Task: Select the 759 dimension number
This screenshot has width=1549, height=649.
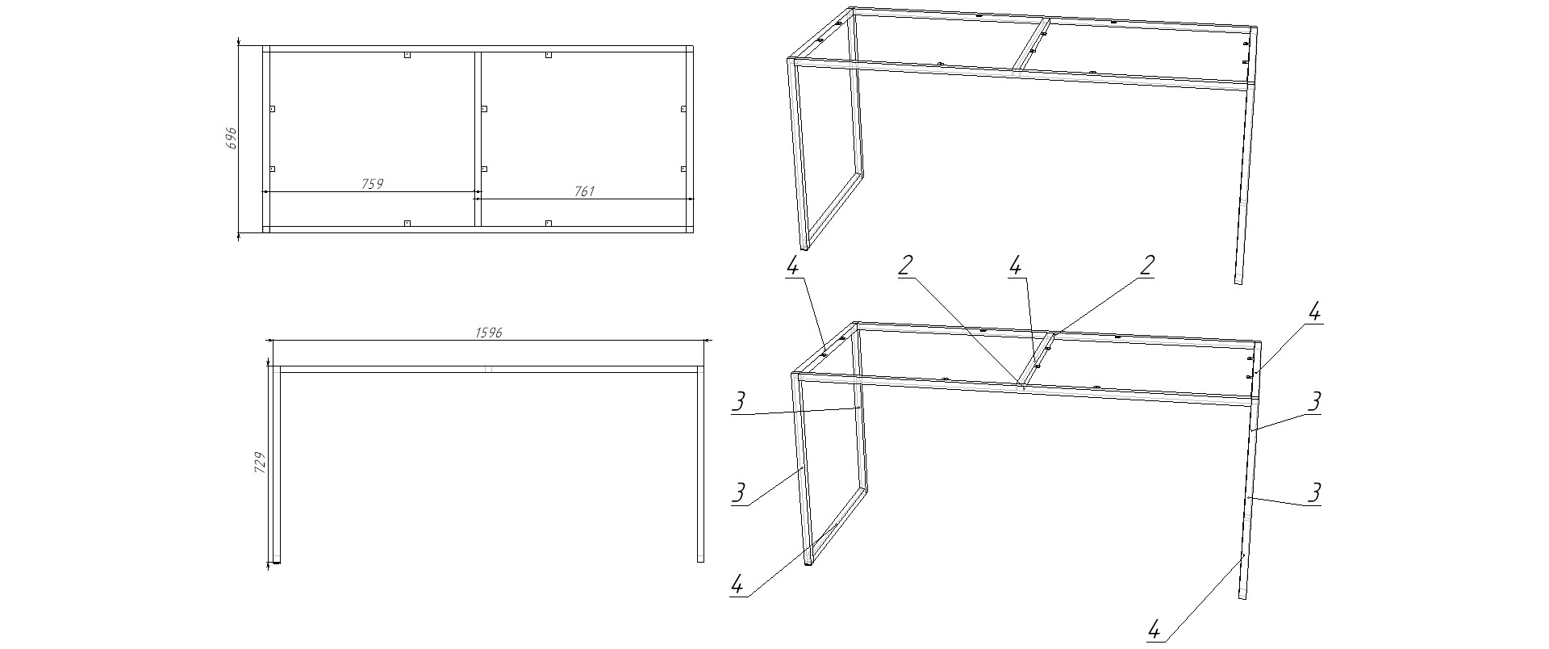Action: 372,184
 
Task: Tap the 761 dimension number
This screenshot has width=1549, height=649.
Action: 584,191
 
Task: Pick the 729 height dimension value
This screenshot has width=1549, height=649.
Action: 260,463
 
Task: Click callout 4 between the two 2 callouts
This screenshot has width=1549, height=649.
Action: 1015,266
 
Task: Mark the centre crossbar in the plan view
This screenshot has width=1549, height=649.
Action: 478,140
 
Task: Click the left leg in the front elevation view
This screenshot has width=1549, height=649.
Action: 275,463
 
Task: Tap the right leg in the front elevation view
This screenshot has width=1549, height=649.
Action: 700,463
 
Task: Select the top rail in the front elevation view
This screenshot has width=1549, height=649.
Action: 487,369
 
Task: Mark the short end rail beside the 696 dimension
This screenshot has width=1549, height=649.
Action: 265,140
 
